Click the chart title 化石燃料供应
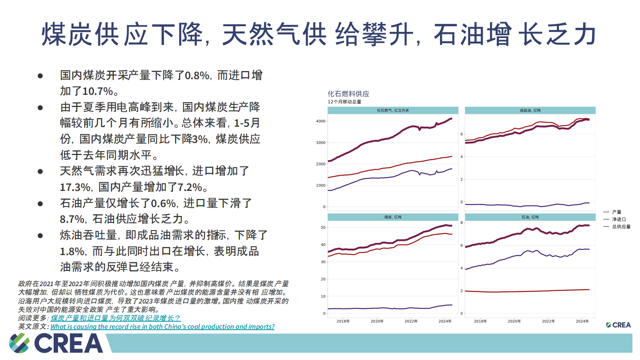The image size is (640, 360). (348, 94)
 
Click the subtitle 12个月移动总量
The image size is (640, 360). (344, 102)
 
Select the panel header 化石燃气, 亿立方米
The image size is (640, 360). (393, 110)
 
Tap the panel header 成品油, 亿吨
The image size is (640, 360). (530, 110)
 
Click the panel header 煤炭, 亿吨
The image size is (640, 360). (393, 217)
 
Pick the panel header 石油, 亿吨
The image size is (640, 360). (530, 217)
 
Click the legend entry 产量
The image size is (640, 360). (616, 212)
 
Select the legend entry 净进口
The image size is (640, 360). (619, 219)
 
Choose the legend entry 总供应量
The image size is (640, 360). (621, 226)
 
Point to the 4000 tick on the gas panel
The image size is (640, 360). (321, 121)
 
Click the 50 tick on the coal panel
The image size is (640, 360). (323, 228)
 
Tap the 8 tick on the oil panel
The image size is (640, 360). (462, 223)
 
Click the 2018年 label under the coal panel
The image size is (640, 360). (343, 321)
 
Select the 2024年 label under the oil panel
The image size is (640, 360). (582, 321)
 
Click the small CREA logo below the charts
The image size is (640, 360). (618, 325)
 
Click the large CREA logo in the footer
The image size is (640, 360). (56, 343)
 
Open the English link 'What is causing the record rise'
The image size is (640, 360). (162, 327)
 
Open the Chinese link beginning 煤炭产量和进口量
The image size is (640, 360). (115, 318)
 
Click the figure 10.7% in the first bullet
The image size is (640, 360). (97, 91)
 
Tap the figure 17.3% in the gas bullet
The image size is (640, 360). (75, 187)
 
